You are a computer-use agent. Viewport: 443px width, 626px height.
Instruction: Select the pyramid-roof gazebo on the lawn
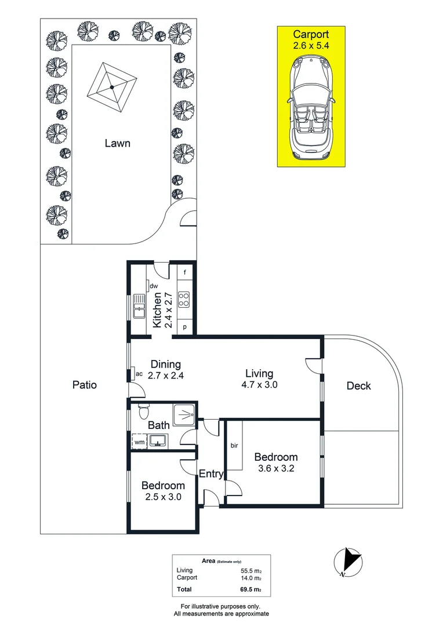[112, 88]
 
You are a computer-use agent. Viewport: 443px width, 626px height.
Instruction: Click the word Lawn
[117, 143]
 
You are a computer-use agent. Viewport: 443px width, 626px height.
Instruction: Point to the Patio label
[85, 385]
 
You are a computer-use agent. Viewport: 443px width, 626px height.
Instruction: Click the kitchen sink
[139, 305]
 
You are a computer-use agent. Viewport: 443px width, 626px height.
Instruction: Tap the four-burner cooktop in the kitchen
[184, 299]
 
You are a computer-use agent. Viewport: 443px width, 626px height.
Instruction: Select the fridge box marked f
[184, 272]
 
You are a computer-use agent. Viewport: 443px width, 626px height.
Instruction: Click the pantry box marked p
[184, 327]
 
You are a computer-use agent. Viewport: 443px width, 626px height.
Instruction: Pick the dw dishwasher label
[153, 286]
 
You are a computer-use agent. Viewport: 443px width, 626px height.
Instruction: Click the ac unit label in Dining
[139, 374]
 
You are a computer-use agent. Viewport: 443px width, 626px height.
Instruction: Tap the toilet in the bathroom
[144, 411]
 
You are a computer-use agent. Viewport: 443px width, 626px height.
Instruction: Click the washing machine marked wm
[139, 442]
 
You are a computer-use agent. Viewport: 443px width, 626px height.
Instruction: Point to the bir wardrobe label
[234, 446]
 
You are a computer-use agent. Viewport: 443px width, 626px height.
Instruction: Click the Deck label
[358, 386]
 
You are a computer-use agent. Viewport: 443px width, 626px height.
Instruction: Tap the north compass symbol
[348, 562]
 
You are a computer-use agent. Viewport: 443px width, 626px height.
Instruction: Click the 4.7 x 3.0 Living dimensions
[259, 384]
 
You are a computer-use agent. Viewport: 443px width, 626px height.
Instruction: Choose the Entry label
[211, 474]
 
